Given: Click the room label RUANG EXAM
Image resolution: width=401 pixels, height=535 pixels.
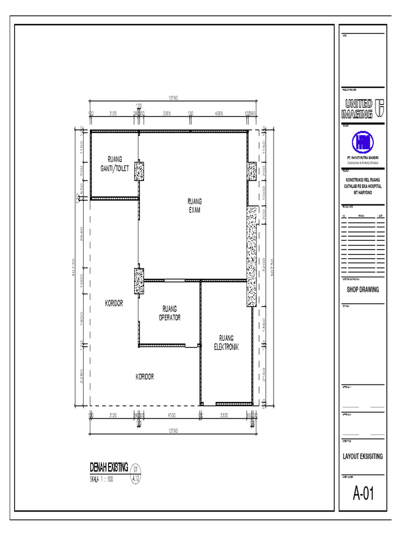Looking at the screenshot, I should (x=195, y=205).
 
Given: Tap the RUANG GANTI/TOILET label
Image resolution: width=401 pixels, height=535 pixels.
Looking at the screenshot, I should (x=114, y=164).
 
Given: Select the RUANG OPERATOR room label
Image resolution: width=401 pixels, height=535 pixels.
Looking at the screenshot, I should (x=170, y=313).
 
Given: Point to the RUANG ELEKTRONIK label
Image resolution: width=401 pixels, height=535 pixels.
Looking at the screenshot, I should (x=226, y=342).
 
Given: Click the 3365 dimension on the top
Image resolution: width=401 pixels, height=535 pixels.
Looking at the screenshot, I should (x=167, y=113).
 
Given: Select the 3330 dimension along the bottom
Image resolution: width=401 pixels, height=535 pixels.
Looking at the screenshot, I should (x=224, y=415).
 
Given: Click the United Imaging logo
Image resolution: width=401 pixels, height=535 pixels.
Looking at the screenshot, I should (x=362, y=108).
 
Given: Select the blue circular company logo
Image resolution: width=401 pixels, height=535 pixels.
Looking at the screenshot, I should (x=362, y=142).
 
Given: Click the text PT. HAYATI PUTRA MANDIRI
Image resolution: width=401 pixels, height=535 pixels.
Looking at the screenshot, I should (x=362, y=158).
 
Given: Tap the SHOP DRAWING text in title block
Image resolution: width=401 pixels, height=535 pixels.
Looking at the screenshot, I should (x=362, y=290).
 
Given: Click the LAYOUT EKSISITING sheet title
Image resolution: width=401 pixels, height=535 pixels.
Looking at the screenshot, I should (x=362, y=456).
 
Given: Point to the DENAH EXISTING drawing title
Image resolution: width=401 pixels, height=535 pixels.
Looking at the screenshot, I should (x=109, y=467).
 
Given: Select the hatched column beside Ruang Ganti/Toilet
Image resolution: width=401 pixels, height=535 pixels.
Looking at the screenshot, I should (x=139, y=171).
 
